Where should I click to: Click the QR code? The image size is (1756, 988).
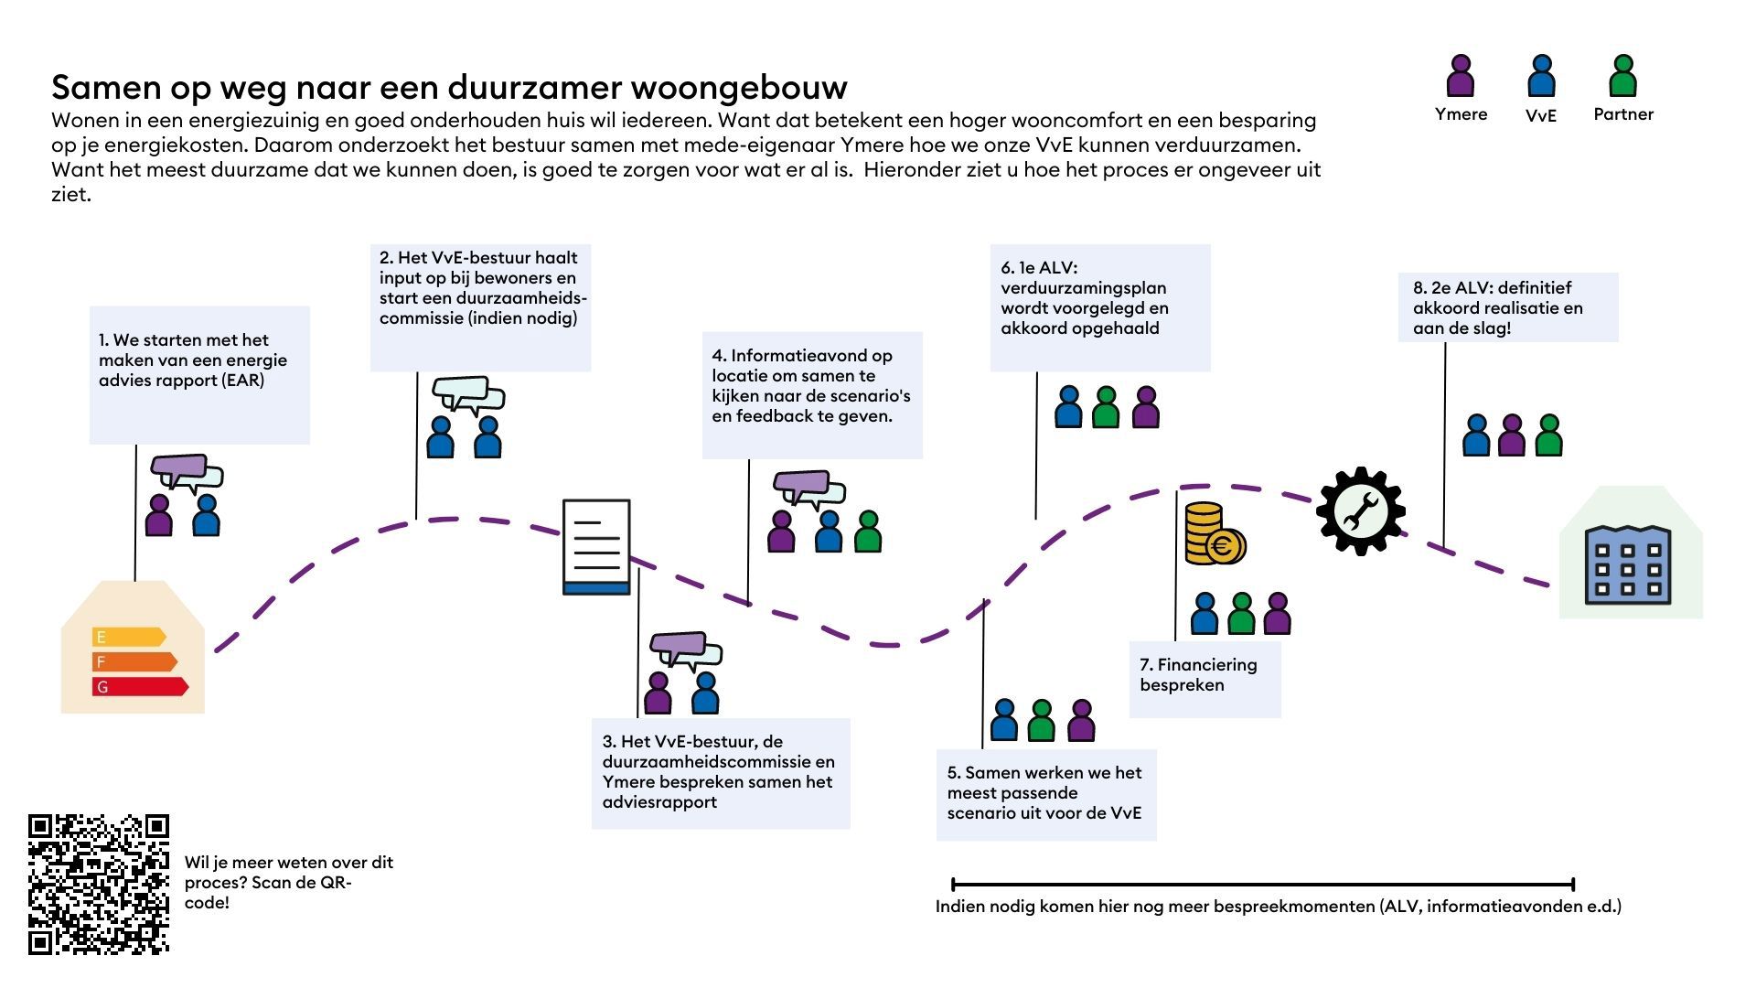[99, 884]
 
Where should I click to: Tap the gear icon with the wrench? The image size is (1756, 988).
[1360, 511]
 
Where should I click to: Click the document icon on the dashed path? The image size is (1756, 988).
[596, 546]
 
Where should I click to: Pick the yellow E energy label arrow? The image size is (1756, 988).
[128, 637]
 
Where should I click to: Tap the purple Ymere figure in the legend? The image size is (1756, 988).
[1461, 77]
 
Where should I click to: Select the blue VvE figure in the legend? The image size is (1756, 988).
[1541, 77]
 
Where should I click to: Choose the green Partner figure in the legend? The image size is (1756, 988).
[1622, 77]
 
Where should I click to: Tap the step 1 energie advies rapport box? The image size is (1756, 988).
[199, 375]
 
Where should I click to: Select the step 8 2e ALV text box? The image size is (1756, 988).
[1507, 307]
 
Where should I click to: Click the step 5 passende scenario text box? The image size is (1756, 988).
[1045, 794]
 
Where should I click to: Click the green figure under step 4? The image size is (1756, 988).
[867, 532]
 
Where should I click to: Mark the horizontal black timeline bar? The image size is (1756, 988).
[1262, 885]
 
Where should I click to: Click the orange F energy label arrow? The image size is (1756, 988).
[134, 661]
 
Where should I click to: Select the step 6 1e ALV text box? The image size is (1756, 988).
[1099, 307]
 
